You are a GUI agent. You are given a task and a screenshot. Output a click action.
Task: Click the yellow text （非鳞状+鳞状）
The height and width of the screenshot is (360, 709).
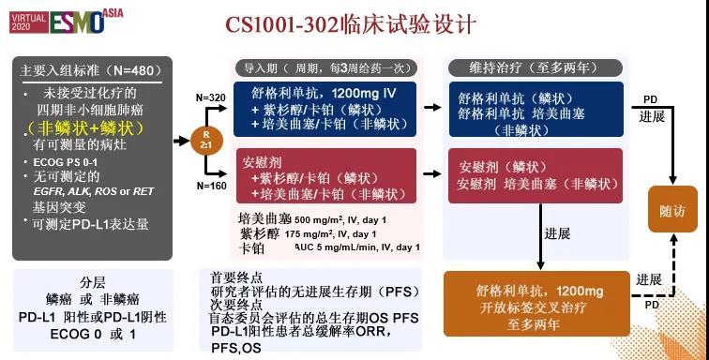(x=83, y=127)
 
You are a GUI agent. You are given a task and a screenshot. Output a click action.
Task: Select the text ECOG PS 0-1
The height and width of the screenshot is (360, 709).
(x=57, y=162)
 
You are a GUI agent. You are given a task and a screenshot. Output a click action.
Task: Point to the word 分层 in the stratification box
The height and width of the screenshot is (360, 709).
(x=92, y=281)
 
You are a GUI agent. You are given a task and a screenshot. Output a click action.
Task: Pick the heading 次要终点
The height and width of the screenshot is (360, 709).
(x=236, y=304)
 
